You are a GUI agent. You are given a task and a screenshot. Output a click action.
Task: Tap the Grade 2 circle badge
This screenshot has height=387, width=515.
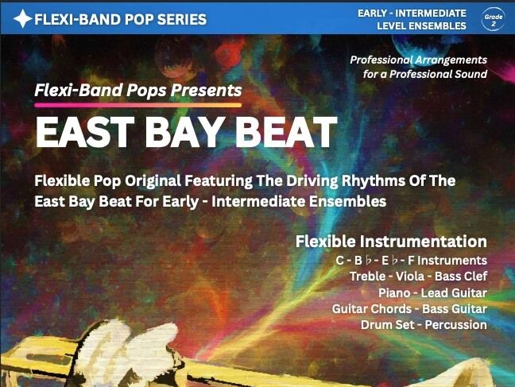(492, 18)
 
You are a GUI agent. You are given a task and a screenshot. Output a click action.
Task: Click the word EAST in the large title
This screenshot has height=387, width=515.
(82, 132)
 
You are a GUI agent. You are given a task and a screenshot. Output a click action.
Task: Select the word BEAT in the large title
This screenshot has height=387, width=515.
(285, 132)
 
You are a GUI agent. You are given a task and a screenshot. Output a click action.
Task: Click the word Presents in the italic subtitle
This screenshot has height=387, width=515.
(208, 90)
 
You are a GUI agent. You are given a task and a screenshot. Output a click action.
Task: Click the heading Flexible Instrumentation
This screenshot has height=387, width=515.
(391, 241)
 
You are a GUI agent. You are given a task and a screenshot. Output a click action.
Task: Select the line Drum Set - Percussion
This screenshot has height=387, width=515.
(424, 324)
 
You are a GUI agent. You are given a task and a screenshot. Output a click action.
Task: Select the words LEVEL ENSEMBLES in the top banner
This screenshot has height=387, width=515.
(422, 26)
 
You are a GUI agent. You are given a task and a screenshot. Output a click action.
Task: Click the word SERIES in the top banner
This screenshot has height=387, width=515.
(180, 19)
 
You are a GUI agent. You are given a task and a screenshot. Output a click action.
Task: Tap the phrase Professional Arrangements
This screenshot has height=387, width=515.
(419, 60)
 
